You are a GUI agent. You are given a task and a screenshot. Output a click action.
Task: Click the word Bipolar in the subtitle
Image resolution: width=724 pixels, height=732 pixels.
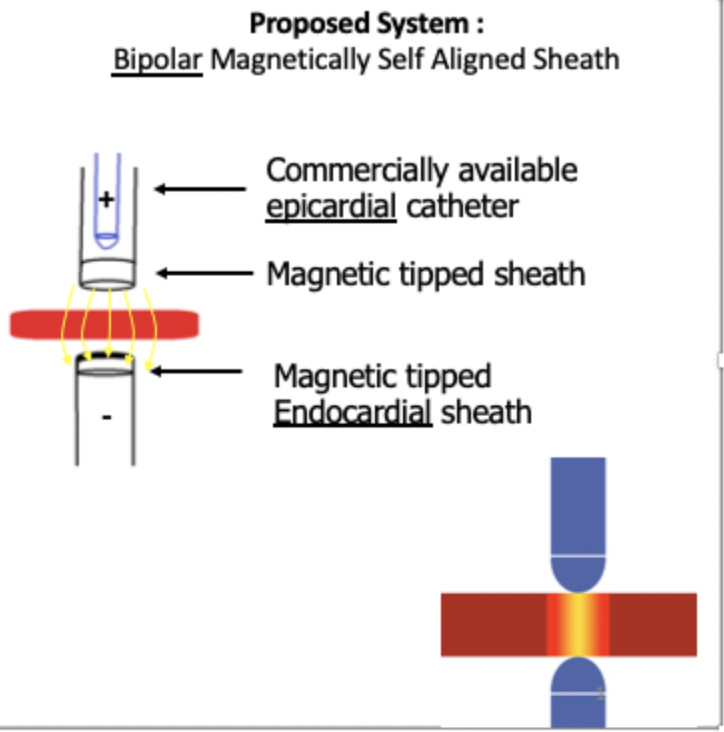(x=157, y=60)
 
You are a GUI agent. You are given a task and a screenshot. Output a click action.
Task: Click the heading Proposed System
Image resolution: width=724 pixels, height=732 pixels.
(x=366, y=23)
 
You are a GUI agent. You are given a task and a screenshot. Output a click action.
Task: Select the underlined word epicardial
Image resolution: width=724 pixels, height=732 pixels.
(x=330, y=205)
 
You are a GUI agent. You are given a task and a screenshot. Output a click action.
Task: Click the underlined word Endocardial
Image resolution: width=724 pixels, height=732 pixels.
(x=352, y=411)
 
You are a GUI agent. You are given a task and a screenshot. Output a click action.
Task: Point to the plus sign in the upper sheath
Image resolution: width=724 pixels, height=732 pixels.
(x=107, y=199)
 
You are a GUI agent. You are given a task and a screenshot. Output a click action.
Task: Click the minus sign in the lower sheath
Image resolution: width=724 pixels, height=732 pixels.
(x=106, y=417)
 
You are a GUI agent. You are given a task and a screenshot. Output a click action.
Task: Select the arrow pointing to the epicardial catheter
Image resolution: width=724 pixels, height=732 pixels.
(x=200, y=189)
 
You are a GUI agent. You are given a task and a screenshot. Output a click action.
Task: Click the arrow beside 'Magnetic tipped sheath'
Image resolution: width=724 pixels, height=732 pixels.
(x=204, y=272)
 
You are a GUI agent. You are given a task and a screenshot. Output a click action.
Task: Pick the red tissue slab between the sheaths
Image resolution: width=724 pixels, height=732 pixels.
(x=103, y=324)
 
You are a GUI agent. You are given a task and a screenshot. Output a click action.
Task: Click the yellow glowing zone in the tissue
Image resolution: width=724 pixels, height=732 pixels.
(x=578, y=624)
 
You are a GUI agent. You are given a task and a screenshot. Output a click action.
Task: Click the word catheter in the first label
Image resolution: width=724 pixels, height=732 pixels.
(x=461, y=205)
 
